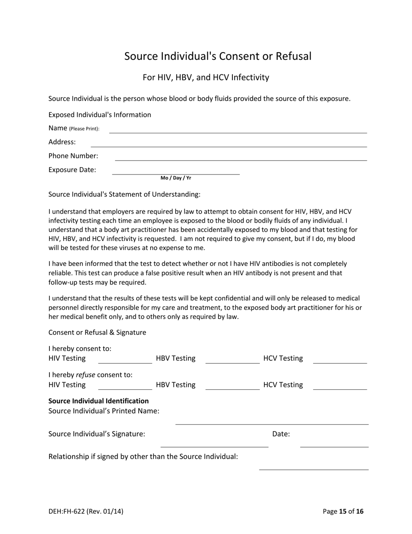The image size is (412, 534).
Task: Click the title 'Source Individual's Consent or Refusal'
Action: coord(218,56)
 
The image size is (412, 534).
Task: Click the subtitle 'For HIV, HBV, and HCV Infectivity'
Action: coord(206,77)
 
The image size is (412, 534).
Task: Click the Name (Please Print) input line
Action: coord(238,130)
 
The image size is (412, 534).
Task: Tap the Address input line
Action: coord(229,144)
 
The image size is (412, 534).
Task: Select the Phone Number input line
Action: coord(241,158)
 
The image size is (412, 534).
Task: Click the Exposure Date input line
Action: coord(176,171)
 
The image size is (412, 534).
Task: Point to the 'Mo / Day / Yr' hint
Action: coord(176,178)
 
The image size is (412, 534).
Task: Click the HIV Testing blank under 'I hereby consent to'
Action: coord(125,360)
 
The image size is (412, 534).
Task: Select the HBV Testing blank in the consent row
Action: coord(232,360)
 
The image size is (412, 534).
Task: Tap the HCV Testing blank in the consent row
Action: coord(340,360)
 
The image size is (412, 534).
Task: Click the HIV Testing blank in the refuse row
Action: coord(125,386)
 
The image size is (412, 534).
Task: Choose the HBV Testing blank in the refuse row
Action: coord(232,386)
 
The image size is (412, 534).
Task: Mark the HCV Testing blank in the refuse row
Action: coord(340,386)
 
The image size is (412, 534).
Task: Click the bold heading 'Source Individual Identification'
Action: coord(98,401)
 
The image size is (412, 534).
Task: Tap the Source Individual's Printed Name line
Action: coord(271,421)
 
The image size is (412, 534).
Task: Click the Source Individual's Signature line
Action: coord(214,444)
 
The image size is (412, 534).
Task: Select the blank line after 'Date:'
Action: coord(334,444)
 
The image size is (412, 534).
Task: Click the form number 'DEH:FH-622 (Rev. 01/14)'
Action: coord(86,511)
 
